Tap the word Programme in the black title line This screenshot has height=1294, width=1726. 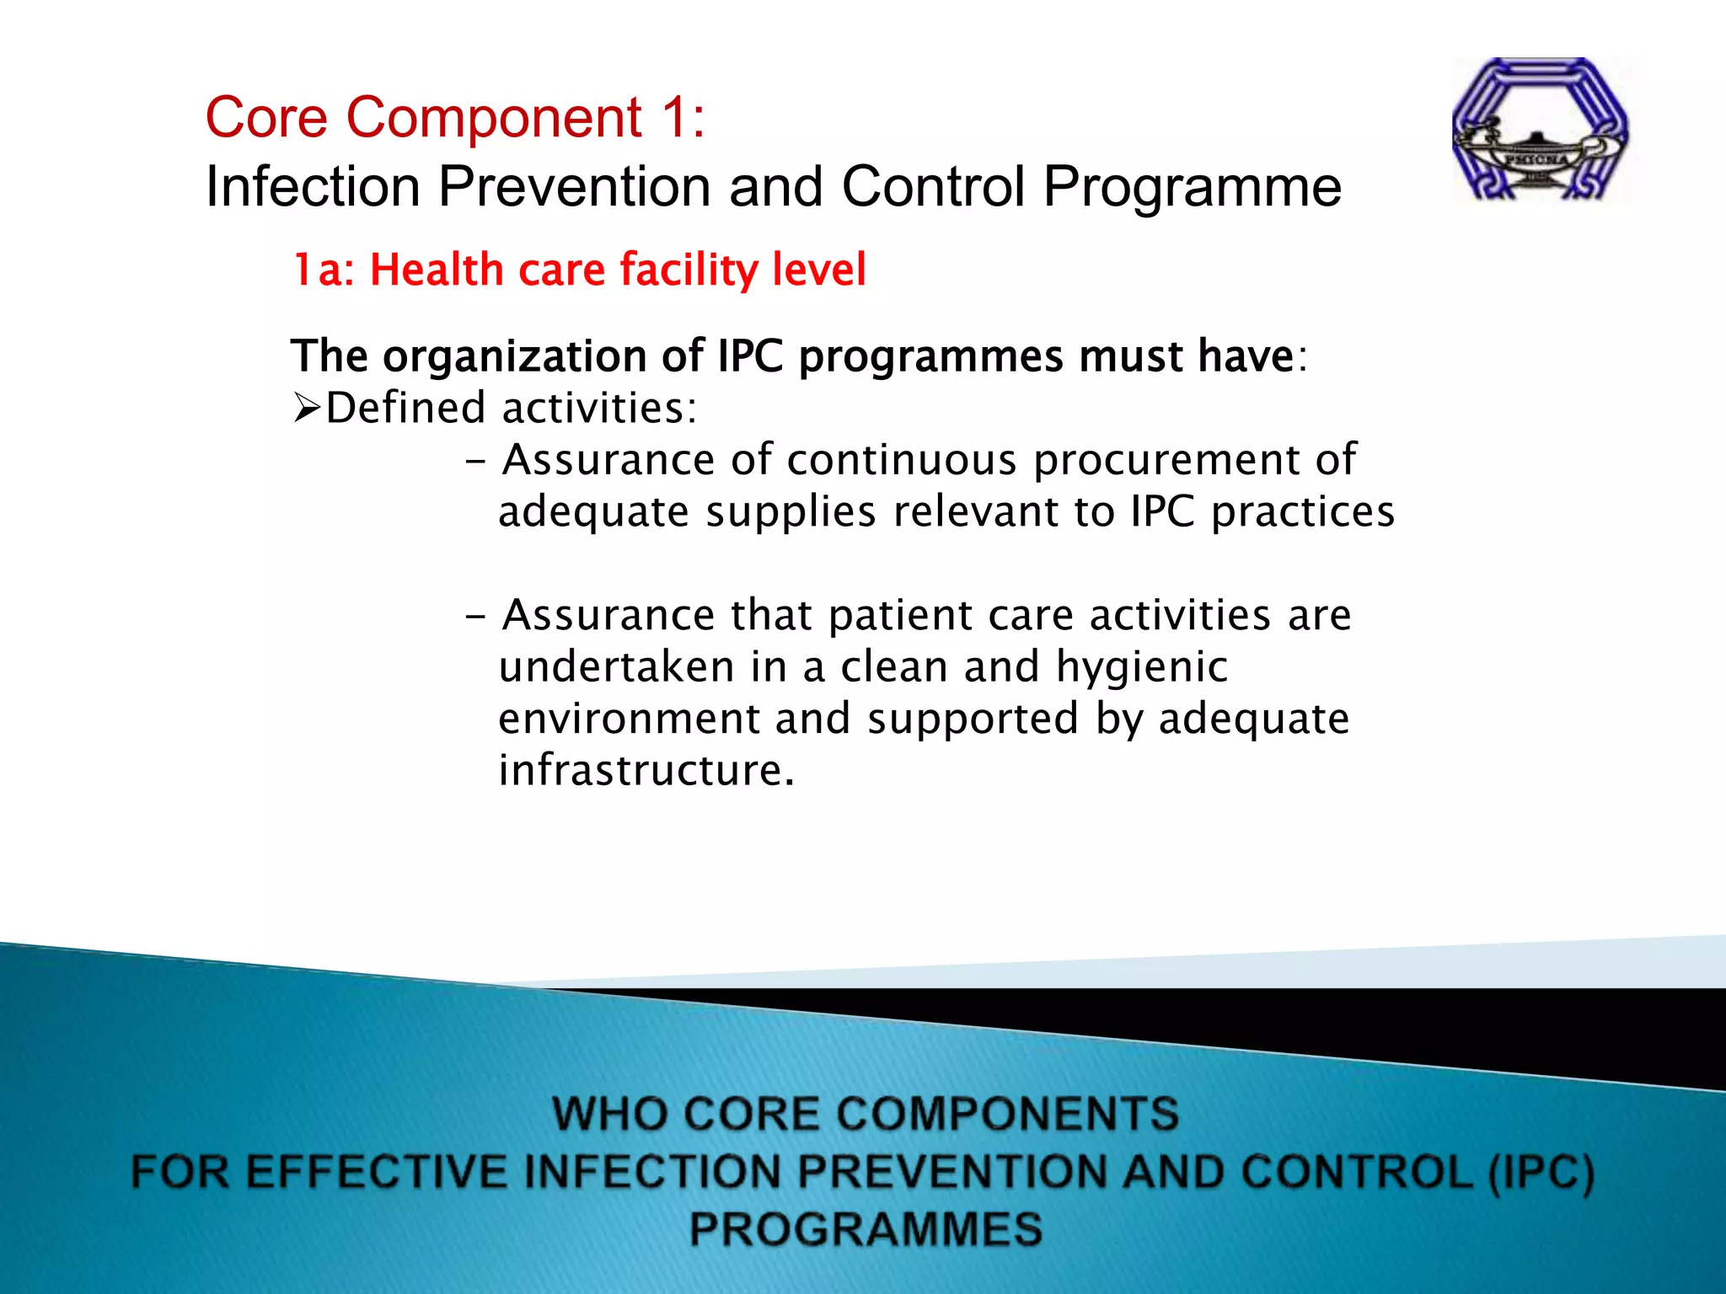(x=1192, y=186)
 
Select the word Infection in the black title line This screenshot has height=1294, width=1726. (x=313, y=186)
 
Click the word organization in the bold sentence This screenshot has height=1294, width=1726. (x=515, y=356)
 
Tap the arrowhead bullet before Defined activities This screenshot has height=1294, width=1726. (x=307, y=409)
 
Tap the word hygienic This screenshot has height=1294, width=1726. (x=1141, y=668)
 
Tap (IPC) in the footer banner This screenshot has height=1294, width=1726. (x=1541, y=1173)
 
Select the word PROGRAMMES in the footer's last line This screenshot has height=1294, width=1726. (x=866, y=1229)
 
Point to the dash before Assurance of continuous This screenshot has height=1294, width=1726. (x=475, y=462)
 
